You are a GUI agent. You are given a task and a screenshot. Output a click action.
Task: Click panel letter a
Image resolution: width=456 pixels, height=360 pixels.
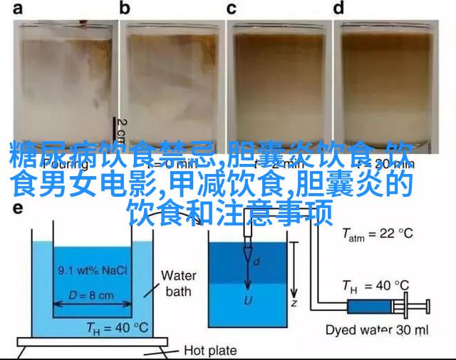(x=17, y=9)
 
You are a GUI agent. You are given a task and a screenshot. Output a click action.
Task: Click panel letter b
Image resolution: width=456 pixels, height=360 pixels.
(x=125, y=9)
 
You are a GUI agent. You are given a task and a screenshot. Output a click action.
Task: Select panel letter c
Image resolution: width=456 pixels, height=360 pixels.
(x=232, y=9)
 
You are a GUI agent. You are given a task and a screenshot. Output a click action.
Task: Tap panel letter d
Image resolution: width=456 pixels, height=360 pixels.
(x=339, y=9)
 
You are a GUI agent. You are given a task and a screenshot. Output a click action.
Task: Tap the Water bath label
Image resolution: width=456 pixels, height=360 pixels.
(x=179, y=283)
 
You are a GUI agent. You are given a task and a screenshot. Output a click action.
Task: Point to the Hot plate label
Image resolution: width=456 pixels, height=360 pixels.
(x=212, y=350)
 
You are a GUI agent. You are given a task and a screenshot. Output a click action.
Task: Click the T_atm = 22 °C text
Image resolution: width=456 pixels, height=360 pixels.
(x=378, y=233)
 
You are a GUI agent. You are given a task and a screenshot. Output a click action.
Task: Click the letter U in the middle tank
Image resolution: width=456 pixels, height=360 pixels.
(x=249, y=300)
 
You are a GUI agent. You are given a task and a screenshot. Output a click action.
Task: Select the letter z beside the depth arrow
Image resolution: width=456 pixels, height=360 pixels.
(x=304, y=302)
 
